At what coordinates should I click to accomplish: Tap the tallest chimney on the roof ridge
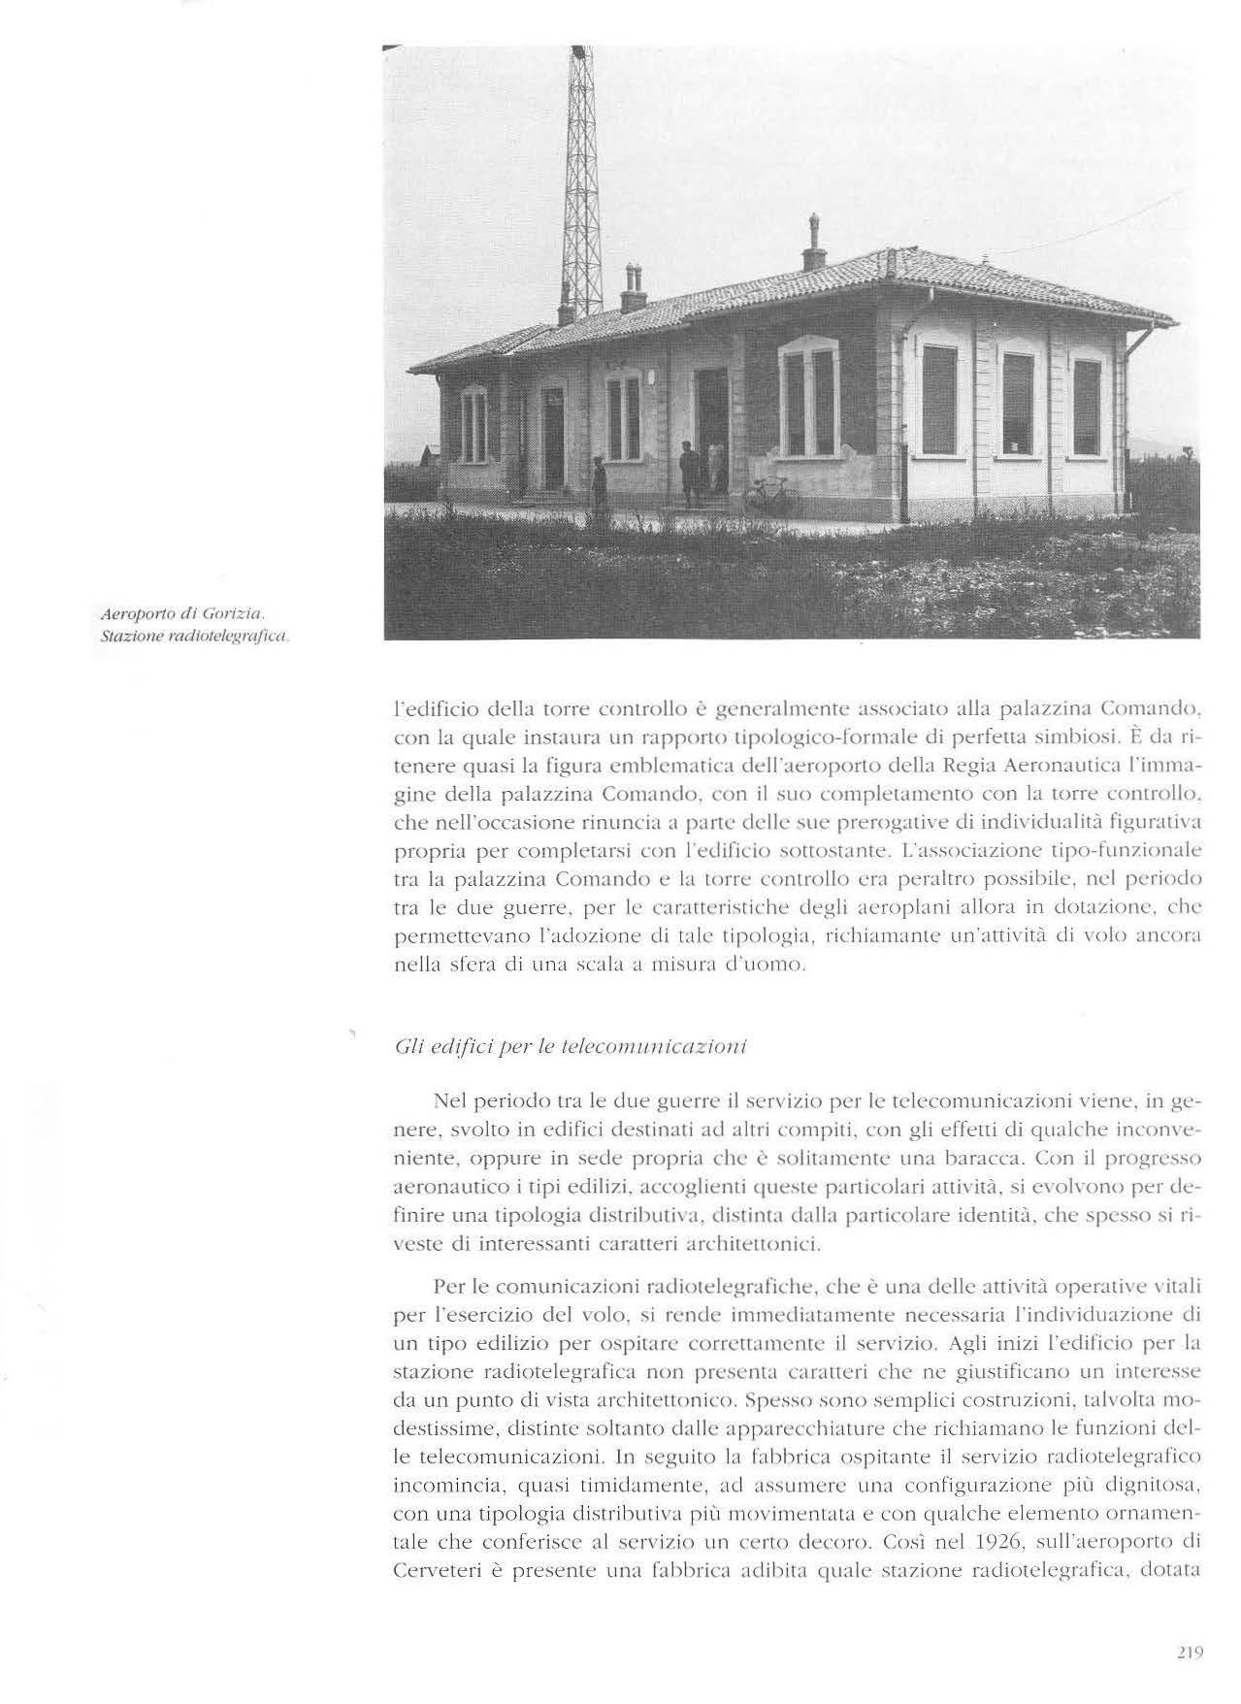pyautogui.click(x=813, y=243)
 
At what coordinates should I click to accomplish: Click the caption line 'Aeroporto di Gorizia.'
pyautogui.click(x=182, y=615)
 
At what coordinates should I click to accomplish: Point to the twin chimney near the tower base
pyautogui.click(x=632, y=288)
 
